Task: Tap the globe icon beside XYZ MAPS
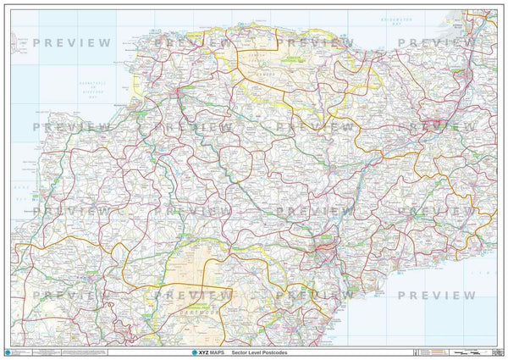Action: (173, 351)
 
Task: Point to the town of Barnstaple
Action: (177, 90)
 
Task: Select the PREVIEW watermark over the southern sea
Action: (437, 295)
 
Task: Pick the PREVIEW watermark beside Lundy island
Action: (72, 42)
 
